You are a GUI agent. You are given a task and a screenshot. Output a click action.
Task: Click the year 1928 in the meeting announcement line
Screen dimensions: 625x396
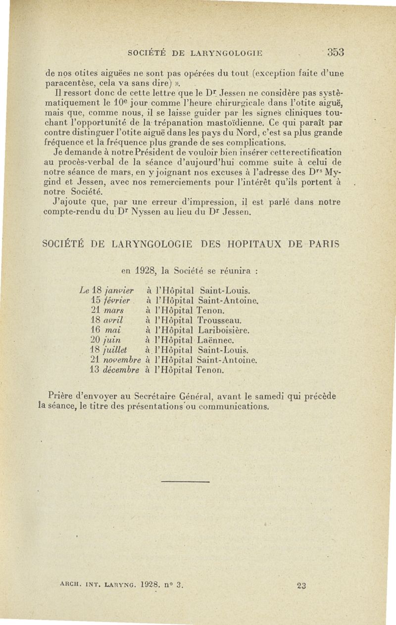click(x=146, y=271)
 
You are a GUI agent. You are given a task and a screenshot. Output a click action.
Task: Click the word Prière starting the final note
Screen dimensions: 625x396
click(x=60, y=396)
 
